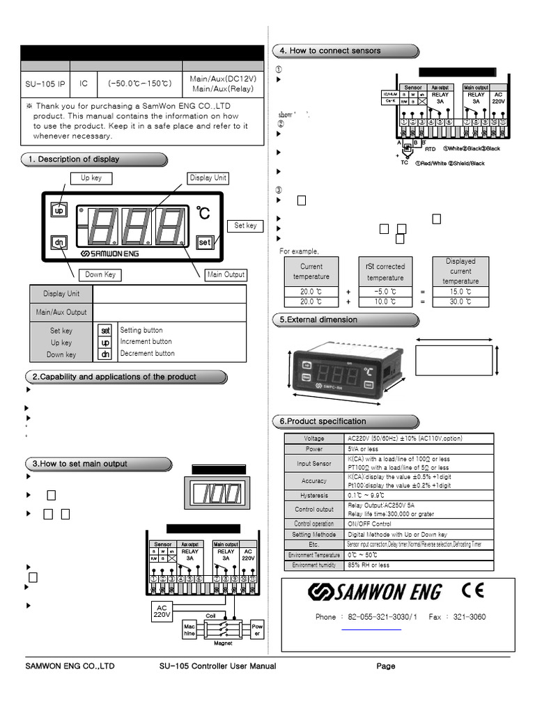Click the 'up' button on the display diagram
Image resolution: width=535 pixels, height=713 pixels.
[59, 210]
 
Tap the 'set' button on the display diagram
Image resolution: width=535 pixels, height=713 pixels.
[204, 242]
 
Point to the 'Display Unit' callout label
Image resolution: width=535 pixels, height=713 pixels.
[208, 178]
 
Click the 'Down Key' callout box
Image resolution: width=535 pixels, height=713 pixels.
[100, 274]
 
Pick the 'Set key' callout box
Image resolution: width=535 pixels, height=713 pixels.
[245, 226]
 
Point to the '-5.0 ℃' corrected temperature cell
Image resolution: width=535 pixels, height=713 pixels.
[385, 292]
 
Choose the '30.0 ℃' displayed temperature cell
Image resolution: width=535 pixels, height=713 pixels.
[460, 302]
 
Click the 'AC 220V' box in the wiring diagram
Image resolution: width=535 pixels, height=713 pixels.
[162, 611]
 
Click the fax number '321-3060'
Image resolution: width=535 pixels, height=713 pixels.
[467, 617]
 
